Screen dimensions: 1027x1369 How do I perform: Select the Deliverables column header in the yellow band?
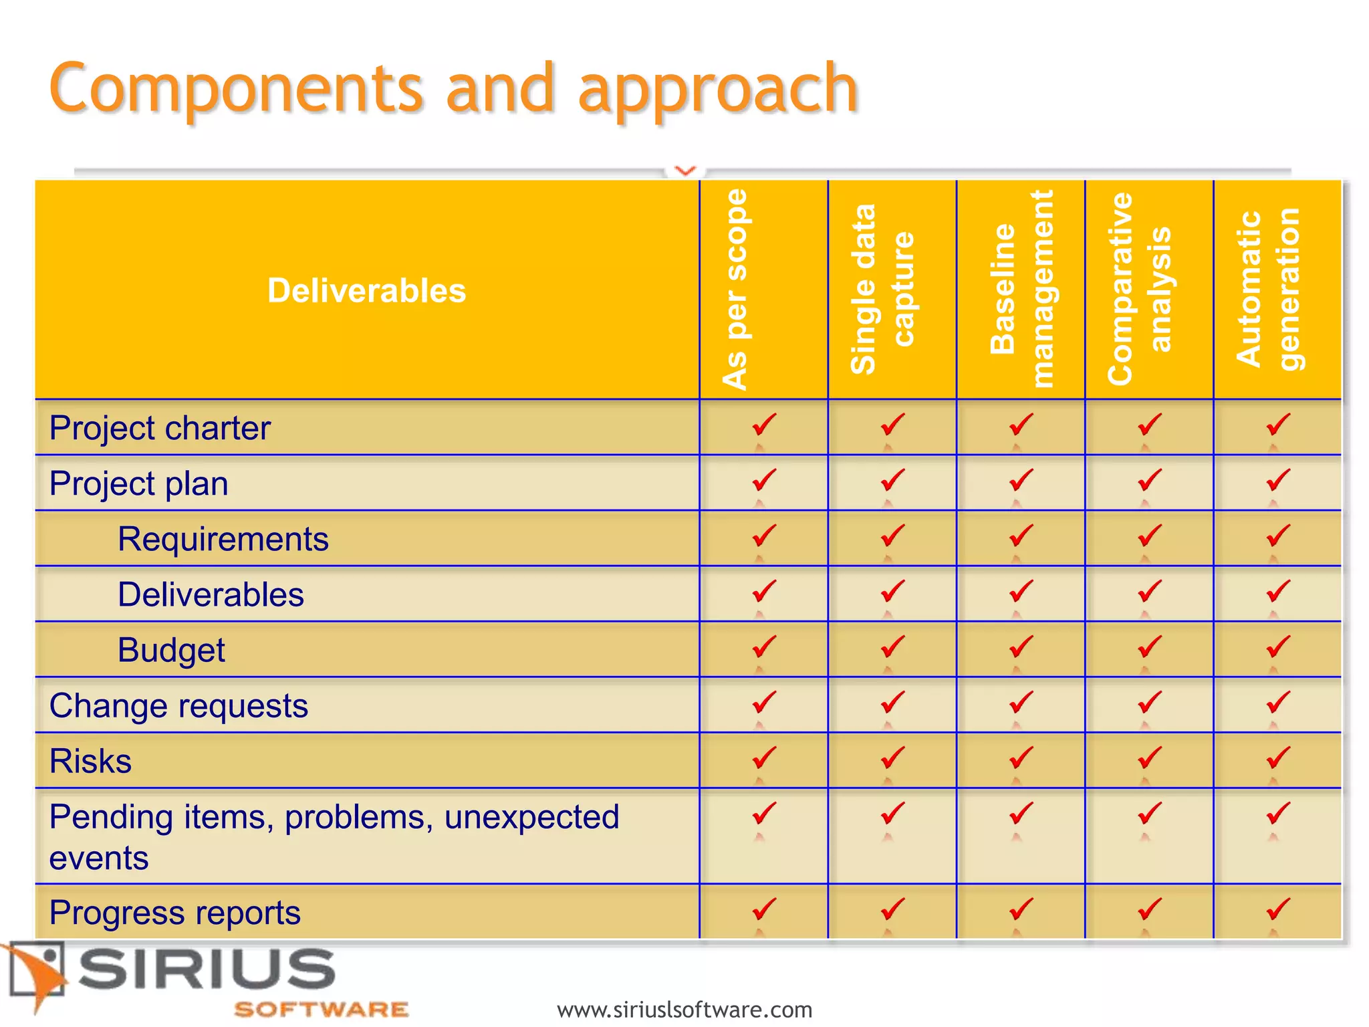click(366, 291)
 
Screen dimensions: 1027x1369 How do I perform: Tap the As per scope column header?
click(735, 290)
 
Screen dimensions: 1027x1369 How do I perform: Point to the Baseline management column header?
click(1021, 290)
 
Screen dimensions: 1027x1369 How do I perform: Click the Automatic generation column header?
click(1267, 290)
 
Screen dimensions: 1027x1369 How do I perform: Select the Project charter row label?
click(160, 428)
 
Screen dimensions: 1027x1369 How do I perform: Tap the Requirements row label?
click(223, 539)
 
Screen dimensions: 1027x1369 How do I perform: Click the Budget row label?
click(171, 650)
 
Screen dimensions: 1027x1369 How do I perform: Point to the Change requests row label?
click(178, 705)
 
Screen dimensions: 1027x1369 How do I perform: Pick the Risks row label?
click(90, 761)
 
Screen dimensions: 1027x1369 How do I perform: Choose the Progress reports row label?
click(174, 913)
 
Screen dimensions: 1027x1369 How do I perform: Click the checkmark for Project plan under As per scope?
click(763, 480)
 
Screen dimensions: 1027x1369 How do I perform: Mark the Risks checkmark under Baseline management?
click(1021, 758)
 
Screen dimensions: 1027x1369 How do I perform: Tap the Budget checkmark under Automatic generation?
click(1277, 647)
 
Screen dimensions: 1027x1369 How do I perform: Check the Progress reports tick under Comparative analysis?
click(1149, 909)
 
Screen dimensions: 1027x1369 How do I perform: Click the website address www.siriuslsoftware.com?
click(684, 1009)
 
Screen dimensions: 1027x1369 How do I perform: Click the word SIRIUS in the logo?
click(207, 969)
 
